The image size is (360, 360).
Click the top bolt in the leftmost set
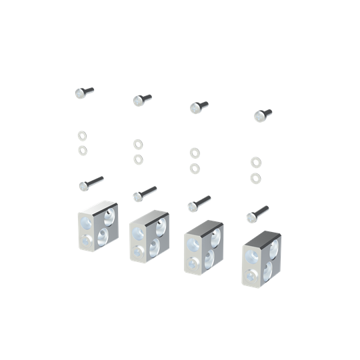click(84, 92)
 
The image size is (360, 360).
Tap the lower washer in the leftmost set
click(83, 150)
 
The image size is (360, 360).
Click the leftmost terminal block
click(97, 227)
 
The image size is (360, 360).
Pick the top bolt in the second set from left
click(141, 100)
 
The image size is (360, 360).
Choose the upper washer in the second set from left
click(138, 143)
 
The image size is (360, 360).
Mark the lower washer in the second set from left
click(138, 159)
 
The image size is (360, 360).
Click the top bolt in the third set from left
click(198, 107)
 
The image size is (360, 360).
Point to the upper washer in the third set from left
click(194, 153)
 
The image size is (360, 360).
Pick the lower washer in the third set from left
click(194, 168)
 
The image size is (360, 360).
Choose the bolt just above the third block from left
click(198, 203)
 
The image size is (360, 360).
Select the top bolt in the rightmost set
click(262, 115)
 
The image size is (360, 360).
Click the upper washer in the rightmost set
click(255, 162)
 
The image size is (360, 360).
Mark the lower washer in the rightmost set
click(255, 178)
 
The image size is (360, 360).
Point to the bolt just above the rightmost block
click(257, 214)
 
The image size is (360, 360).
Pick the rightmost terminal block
click(261, 259)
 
